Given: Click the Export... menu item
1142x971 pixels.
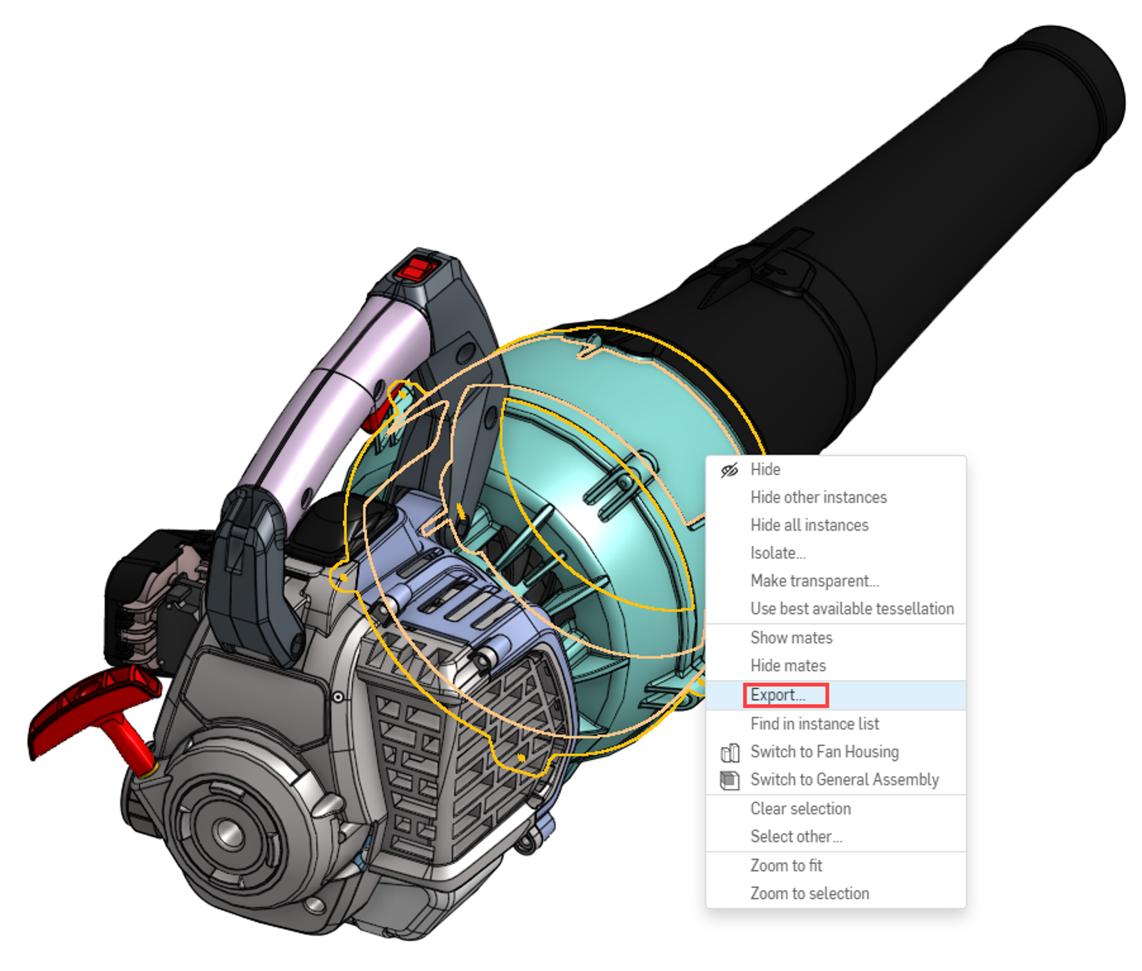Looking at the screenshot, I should (x=777, y=695).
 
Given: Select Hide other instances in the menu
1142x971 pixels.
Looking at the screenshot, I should (x=818, y=497).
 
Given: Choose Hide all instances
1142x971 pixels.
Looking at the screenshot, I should (x=809, y=525).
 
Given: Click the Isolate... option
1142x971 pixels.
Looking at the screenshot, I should (x=777, y=553).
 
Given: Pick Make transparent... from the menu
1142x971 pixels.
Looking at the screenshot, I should (x=814, y=581).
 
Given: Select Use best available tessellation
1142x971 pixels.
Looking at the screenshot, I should (x=852, y=609).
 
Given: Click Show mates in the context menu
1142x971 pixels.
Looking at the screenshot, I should (x=791, y=638).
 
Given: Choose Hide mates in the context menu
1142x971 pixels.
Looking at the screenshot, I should (x=787, y=666).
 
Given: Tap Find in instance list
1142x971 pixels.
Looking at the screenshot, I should (x=814, y=724).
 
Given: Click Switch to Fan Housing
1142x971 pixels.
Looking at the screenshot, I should (x=824, y=752).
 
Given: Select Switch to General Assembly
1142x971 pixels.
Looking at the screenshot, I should (x=844, y=780).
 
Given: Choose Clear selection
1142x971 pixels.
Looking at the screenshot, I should (x=800, y=809).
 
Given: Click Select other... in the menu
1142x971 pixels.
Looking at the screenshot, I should (x=796, y=837).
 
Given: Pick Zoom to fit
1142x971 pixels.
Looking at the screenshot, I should (x=786, y=866).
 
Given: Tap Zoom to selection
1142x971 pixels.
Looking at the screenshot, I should (x=809, y=894).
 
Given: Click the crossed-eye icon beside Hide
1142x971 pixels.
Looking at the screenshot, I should (x=729, y=470).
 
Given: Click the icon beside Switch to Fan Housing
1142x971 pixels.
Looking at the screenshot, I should (x=729, y=753).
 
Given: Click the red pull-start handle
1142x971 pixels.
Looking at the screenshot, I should (x=93, y=706).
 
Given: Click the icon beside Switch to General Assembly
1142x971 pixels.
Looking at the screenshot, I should (x=729, y=781).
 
